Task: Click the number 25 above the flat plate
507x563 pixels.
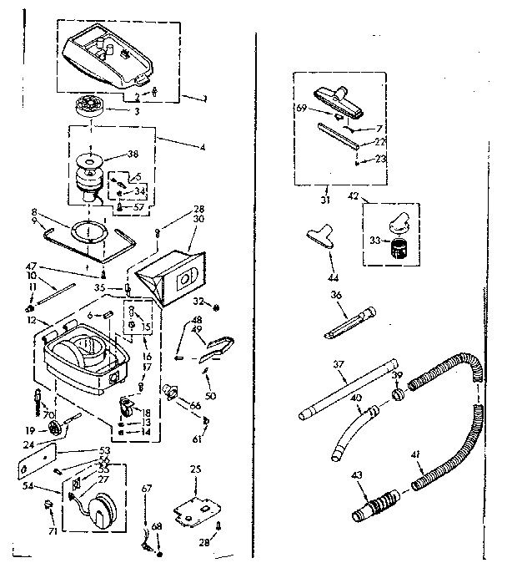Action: (195, 469)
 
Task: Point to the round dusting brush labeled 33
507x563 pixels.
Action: (400, 247)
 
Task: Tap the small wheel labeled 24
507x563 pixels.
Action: (57, 428)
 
